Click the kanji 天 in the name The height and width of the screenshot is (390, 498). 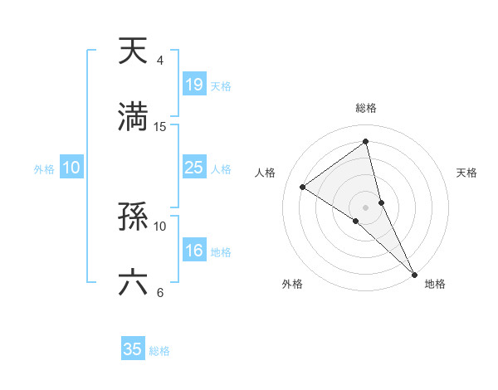click(133, 51)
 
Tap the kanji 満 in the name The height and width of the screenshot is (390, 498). click(133, 117)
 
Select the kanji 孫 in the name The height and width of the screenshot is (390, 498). click(133, 217)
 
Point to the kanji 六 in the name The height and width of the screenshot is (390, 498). click(133, 283)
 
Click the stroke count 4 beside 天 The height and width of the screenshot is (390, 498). click(159, 61)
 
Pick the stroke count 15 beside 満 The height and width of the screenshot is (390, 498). click(160, 126)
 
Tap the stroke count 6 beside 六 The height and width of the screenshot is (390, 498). click(159, 292)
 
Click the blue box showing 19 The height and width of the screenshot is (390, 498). click(193, 85)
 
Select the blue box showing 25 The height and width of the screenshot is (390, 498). click(193, 168)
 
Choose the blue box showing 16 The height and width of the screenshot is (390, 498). click(193, 251)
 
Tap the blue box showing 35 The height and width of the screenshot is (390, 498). click(133, 349)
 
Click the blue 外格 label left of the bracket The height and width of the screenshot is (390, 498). click(44, 168)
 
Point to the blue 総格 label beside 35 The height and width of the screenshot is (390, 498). click(159, 351)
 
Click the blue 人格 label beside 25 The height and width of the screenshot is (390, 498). click(221, 168)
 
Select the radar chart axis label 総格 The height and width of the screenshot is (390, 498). click(366, 108)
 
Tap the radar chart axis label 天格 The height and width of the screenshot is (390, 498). click(467, 173)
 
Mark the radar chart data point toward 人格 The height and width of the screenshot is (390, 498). click(303, 187)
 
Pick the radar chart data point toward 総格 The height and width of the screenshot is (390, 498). click(366, 142)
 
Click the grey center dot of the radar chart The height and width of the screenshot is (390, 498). click(366, 207)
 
